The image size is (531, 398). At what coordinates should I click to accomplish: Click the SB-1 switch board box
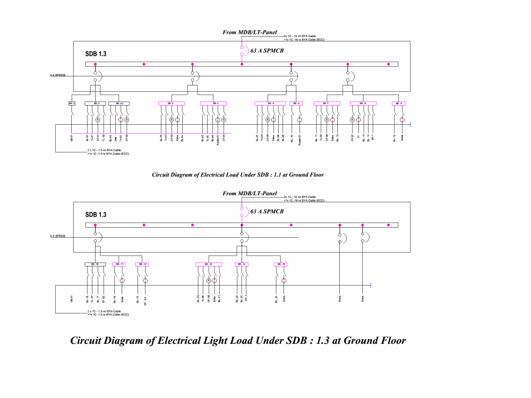(72, 103)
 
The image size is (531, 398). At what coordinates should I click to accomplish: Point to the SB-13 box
(209, 264)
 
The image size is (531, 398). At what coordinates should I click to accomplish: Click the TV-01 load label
(121, 138)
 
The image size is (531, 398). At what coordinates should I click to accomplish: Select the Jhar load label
(116, 138)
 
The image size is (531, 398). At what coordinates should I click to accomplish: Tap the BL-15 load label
(395, 138)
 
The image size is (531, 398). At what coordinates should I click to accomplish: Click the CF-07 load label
(352, 138)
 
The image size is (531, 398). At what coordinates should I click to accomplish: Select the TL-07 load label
(92, 299)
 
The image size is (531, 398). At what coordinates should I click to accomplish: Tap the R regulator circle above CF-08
(209, 281)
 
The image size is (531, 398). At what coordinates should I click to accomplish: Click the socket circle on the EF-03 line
(145, 281)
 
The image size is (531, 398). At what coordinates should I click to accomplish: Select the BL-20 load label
(198, 299)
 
